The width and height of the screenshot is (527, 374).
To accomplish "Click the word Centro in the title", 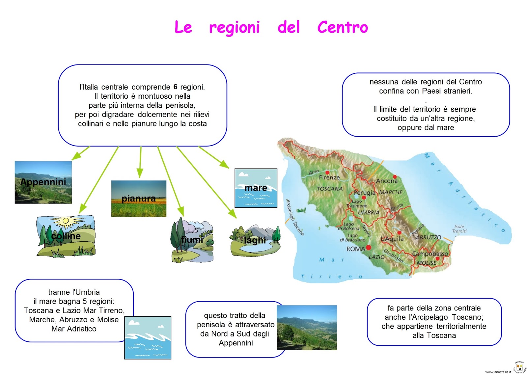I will pos(342,27).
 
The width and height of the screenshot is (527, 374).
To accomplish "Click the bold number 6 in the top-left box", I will pos(175,87).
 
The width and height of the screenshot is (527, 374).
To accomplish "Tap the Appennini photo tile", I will pos(43,182).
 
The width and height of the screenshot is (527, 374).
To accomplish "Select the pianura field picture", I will pos(139,199).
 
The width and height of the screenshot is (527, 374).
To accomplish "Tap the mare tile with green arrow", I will pos(256,188).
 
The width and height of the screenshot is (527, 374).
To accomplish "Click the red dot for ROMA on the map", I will pos(369,247).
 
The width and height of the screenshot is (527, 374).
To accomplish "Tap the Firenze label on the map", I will pos(329,177).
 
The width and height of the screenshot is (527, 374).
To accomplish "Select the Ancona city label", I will pos(387,181).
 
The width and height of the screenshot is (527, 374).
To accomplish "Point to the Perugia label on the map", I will pos(365,192).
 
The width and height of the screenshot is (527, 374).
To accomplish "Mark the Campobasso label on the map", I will pos(430,254).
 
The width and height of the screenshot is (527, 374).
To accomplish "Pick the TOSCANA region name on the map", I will pos(329,189).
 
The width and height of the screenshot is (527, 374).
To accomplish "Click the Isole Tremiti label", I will pos(459,229).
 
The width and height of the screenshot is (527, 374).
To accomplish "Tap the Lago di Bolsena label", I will pos(348,226).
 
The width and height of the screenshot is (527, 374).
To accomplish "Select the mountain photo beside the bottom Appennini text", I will pos(307,328).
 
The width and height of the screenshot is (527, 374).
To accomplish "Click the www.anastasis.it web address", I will pos(498,372).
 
